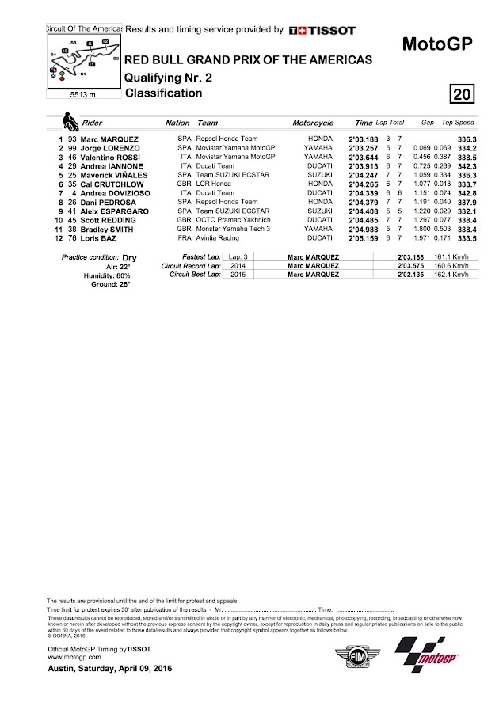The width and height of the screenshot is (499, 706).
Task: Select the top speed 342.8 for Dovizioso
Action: pos(463,192)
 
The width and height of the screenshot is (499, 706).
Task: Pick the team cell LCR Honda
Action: pos(214,184)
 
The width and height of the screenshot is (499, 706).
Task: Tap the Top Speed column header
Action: pos(458,124)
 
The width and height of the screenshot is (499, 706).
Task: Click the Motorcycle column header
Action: pos(313,124)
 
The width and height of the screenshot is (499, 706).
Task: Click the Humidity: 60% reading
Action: pos(110,275)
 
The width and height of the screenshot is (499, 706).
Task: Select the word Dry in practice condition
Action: pos(131,258)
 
